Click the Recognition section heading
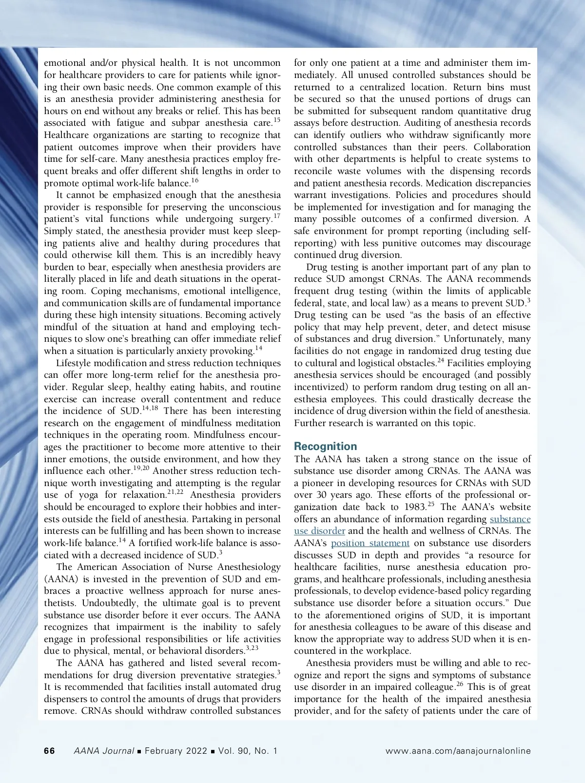325,447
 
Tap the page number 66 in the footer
49,751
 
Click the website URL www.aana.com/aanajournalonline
458,751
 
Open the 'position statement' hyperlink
370,543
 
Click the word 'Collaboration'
502,147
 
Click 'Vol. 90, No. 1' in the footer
248,751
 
